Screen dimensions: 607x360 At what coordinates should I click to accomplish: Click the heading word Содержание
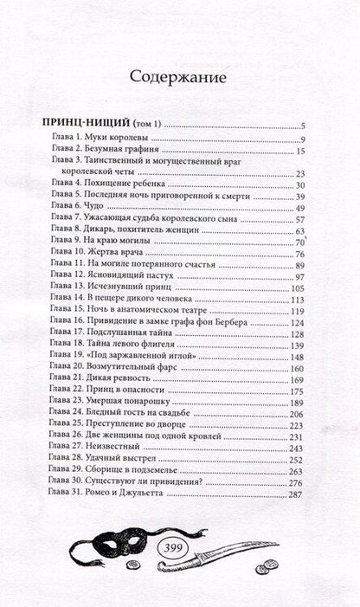pyautogui.click(x=179, y=77)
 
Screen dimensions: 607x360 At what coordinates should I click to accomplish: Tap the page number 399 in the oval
pyautogui.click(x=181, y=553)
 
